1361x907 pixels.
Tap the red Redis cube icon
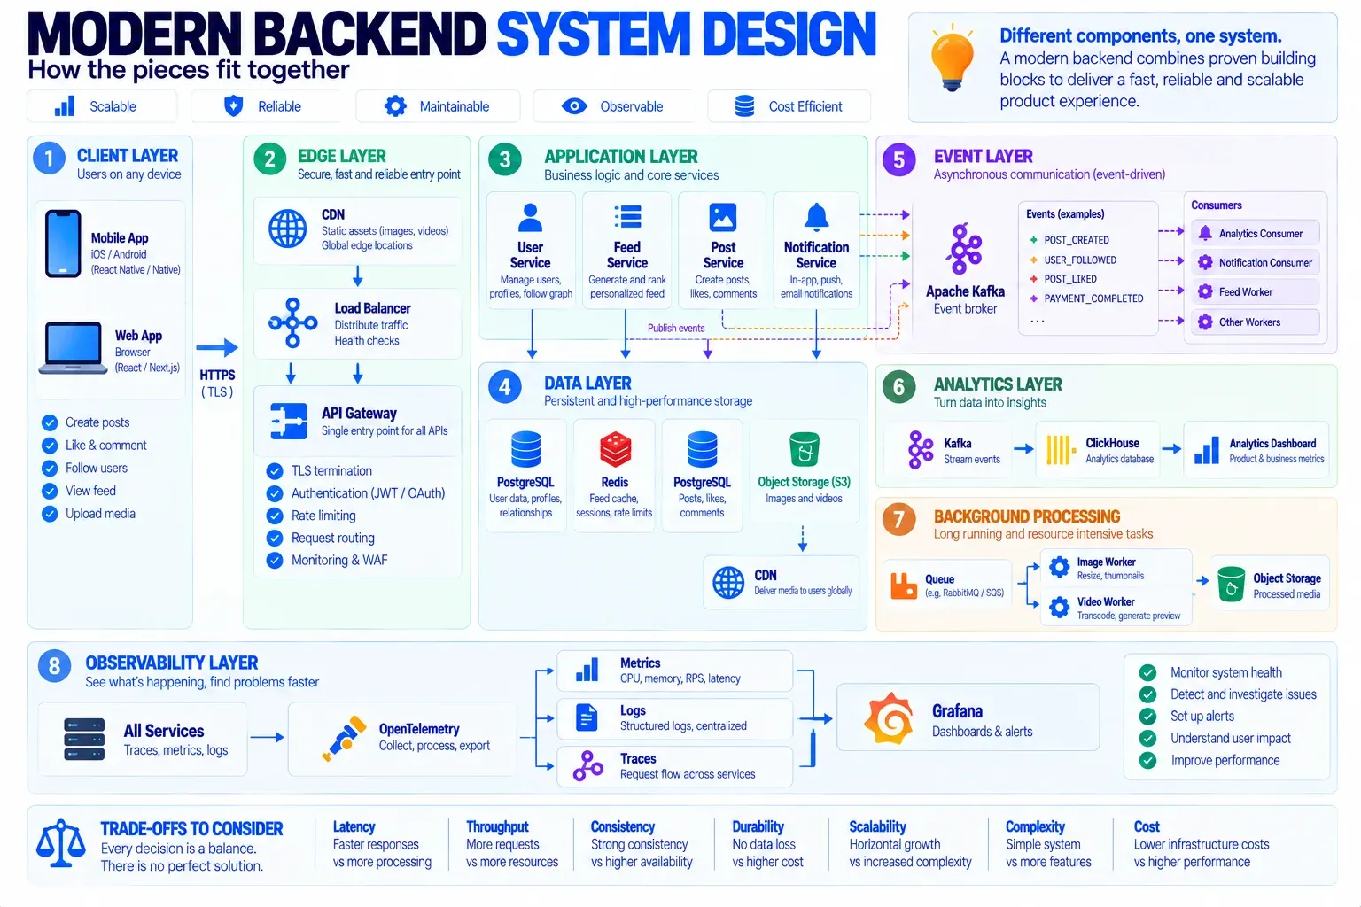(615, 449)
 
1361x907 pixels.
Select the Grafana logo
(889, 718)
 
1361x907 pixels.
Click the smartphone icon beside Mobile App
(63, 244)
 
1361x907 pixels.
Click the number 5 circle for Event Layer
(898, 159)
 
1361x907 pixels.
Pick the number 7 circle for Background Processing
(898, 519)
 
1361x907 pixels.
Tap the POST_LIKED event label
(1070, 279)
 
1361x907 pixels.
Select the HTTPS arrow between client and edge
(217, 347)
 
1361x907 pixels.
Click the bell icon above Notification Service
(817, 217)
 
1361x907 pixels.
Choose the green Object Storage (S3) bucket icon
(804, 450)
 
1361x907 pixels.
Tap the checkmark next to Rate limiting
(275, 516)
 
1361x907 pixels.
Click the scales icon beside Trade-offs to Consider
(60, 843)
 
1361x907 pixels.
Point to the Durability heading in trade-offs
(758, 826)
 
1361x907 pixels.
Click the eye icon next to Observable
(574, 106)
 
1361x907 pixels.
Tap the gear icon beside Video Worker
(1059, 608)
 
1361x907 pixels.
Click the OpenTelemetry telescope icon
(344, 738)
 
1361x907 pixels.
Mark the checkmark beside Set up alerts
(1147, 717)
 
